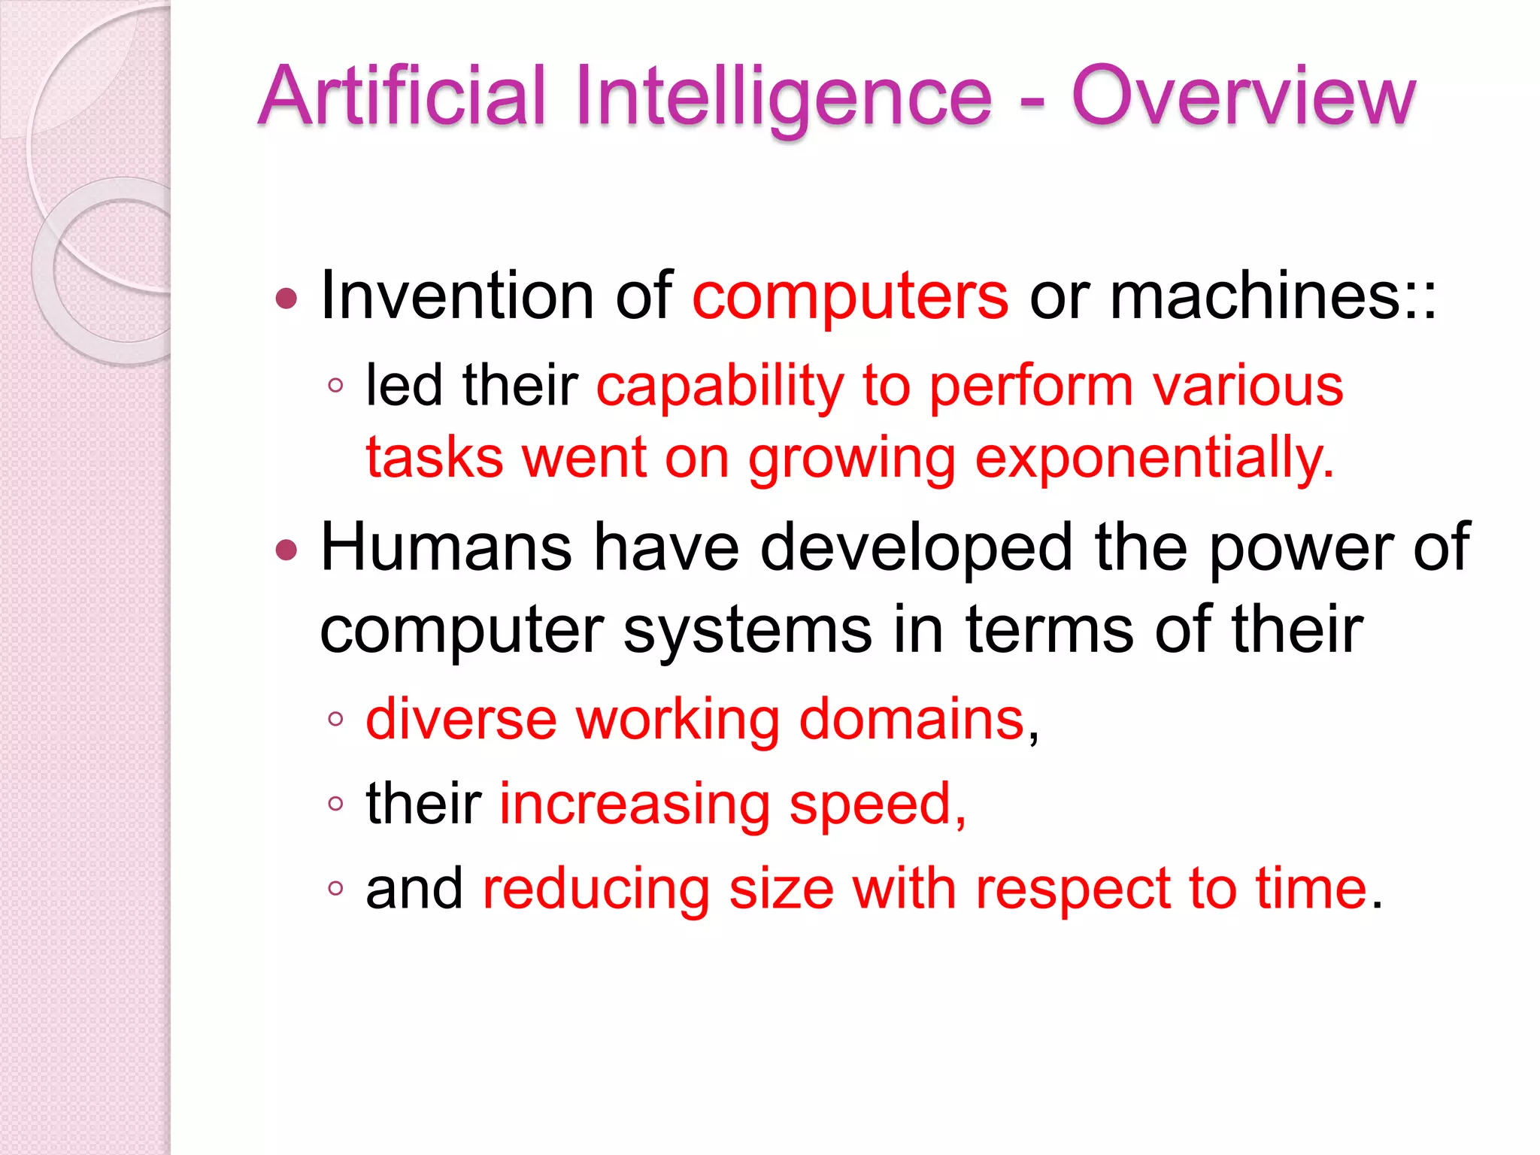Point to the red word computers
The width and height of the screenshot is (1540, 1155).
coord(850,298)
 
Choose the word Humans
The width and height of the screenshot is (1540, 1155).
coord(446,547)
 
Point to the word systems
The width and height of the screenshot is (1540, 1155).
coord(747,630)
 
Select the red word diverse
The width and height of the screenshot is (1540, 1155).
coord(461,720)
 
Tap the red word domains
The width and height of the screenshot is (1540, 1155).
coord(911,720)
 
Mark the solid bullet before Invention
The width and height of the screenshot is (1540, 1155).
coord(286,299)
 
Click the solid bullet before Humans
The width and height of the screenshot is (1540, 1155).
coord(286,550)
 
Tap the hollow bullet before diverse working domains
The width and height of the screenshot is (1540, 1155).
coord(335,720)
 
